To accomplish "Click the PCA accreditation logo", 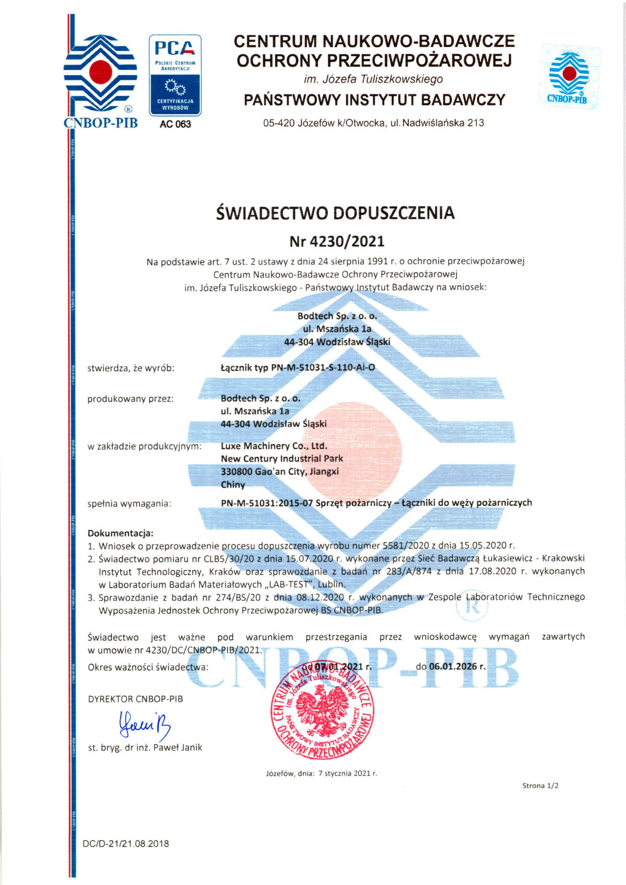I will click(x=175, y=75).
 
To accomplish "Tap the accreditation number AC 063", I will click(x=175, y=124).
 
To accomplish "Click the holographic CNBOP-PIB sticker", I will click(x=569, y=76).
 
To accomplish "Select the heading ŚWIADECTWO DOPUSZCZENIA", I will click(x=335, y=213).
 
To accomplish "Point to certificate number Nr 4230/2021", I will click(x=337, y=241).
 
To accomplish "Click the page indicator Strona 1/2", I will click(x=540, y=786).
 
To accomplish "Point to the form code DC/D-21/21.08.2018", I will click(x=125, y=844).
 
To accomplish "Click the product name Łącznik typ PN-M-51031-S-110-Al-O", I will click(x=298, y=368).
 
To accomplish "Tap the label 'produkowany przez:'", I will click(x=131, y=399).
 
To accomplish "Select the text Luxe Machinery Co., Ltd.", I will click(x=274, y=446).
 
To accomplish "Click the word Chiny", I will click(x=233, y=484).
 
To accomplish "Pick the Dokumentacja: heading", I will click(x=120, y=533).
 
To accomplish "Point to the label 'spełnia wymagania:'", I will click(x=129, y=504).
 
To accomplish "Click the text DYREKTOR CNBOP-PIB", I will click(x=135, y=699).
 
